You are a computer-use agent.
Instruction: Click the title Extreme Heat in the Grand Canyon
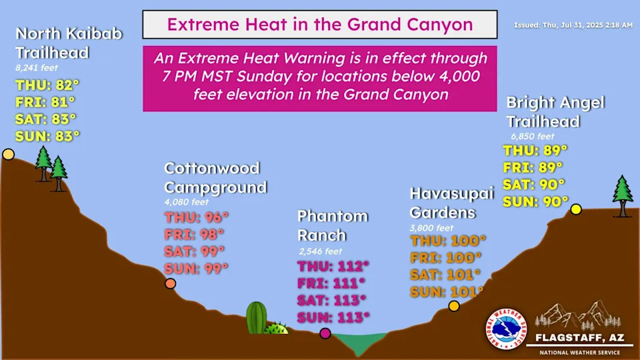coord(320,25)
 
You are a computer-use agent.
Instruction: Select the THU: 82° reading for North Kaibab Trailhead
coord(47,85)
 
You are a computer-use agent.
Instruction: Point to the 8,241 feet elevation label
coord(37,68)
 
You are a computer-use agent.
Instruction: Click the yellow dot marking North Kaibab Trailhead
coord(8,154)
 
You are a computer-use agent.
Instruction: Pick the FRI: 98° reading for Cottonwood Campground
coord(194,234)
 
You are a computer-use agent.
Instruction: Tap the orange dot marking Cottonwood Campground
coord(170,283)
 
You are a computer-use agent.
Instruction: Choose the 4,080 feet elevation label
coord(187,202)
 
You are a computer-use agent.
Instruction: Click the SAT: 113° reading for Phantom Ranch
coord(331,300)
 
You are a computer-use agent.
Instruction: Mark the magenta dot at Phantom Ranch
coord(325,333)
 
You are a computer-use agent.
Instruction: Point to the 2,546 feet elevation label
coord(321,251)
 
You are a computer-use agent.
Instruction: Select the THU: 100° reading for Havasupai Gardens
coord(448,241)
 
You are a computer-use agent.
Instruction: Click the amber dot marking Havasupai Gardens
coord(454,306)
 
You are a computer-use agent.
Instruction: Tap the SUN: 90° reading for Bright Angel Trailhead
coord(535,201)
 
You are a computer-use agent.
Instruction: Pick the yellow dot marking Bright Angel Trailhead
coord(576,209)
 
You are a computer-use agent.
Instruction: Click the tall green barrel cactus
coord(256,317)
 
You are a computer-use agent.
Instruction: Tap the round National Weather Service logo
coord(506,329)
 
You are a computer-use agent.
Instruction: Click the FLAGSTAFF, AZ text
coord(579,338)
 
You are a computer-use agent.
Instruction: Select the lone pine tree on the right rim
coord(623,196)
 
